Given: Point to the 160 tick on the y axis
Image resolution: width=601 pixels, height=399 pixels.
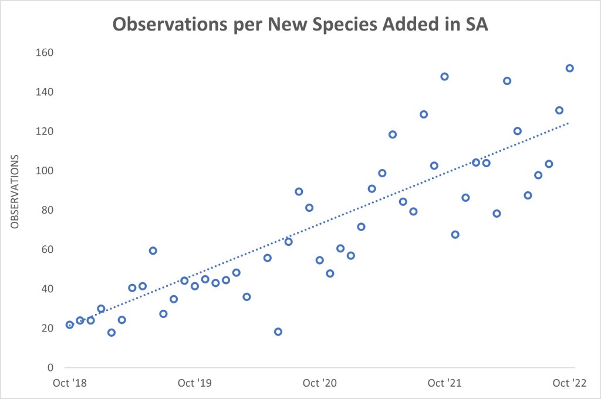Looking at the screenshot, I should (45, 53).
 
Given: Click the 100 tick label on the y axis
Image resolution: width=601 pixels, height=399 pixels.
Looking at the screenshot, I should (45, 171).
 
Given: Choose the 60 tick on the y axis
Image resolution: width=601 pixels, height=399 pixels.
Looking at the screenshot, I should (47, 249).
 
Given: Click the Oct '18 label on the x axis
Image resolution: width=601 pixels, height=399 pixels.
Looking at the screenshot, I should (69, 384).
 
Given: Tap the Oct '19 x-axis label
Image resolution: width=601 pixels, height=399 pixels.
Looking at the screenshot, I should (194, 384).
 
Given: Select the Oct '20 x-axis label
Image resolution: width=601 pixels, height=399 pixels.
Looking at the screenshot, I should (319, 384).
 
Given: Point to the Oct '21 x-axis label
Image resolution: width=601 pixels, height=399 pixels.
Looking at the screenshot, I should (444, 384).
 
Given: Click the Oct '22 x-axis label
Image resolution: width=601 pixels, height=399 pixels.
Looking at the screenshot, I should (569, 384).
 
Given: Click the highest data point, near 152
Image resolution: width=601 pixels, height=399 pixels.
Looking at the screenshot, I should (569, 68).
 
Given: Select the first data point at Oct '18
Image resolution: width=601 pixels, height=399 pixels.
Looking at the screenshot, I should (70, 324).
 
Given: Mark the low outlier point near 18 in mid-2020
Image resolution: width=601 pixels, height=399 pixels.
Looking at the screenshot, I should (278, 332).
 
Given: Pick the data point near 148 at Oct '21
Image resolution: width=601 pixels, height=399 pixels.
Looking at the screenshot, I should (444, 76).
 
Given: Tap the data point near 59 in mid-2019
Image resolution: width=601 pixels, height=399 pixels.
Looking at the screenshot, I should (153, 251).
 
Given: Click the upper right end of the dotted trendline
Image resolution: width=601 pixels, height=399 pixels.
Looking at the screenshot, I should (568, 123).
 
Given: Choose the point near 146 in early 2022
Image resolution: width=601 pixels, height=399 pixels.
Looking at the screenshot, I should (507, 80).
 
